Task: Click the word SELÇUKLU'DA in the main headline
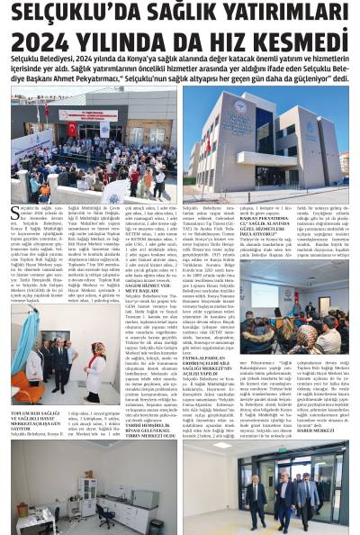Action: [63, 14]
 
